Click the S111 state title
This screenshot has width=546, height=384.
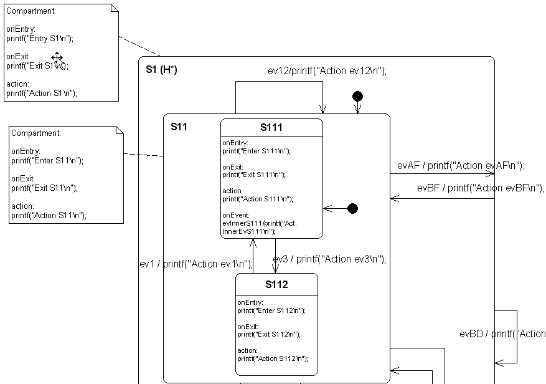271,128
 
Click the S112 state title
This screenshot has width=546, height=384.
276,285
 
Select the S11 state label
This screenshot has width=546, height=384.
179,127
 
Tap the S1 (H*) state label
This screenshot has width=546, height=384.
161,69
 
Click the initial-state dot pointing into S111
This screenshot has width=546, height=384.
352,208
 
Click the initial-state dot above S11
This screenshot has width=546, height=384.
357,96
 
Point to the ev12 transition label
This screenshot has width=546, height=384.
327,70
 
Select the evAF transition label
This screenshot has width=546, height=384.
461,166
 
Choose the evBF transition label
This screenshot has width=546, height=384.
481,188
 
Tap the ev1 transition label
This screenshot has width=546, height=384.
196,264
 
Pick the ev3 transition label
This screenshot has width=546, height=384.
329,259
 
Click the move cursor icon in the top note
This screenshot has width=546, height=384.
57,57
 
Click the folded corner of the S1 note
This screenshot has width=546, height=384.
114,8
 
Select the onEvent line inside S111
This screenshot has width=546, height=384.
235,214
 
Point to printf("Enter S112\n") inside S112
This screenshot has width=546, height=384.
271,310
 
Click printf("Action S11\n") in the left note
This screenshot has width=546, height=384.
49,215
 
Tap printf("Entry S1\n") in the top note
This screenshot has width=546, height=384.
40,38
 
